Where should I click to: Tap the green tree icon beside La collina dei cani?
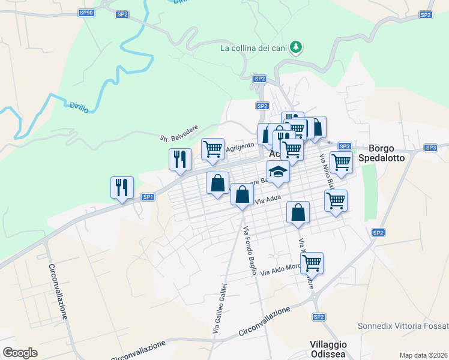[x=295, y=47]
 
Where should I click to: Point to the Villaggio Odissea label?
[x=329, y=349]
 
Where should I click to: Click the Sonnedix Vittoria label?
[x=402, y=326]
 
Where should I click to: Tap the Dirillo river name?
[x=79, y=107]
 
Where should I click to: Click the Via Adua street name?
[x=267, y=202]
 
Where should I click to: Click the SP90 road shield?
[x=86, y=13]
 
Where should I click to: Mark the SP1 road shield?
[x=148, y=197]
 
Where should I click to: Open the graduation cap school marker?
[x=278, y=172]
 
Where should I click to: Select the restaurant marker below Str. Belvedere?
[x=179, y=159]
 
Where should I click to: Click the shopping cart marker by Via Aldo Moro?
[x=312, y=262]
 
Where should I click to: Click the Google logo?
[x=20, y=353]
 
